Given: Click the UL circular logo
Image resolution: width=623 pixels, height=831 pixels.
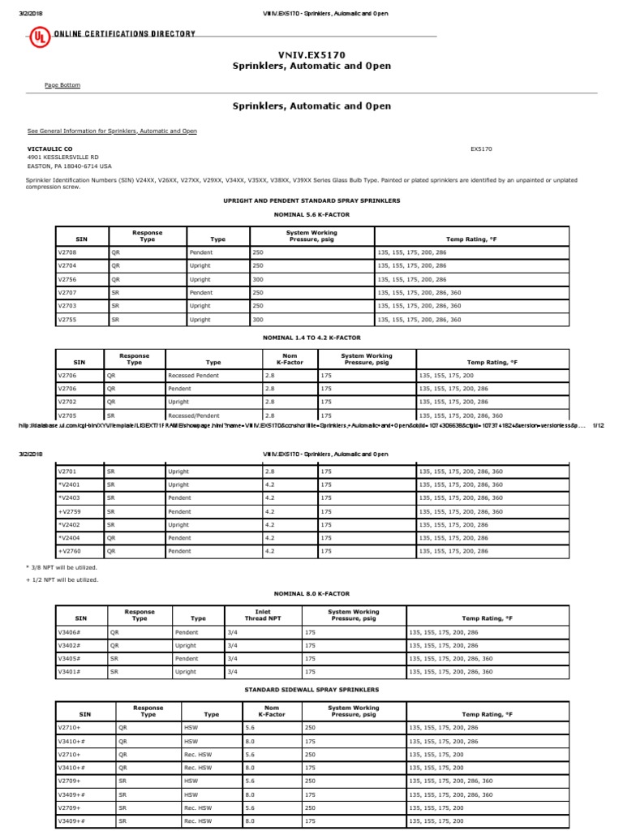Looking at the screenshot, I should coord(37,35).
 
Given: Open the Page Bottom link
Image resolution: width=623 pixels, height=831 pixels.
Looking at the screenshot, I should coord(62,85).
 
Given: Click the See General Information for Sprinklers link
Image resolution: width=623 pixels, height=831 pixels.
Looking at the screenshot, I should coord(112,131).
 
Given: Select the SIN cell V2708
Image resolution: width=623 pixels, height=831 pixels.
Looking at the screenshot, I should coord(67,252).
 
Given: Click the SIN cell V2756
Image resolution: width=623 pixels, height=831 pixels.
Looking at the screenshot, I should coord(67,278).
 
